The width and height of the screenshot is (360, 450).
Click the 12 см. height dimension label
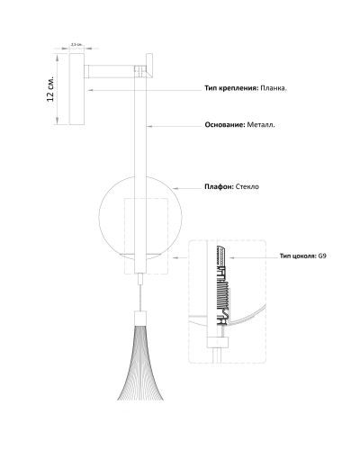click(x=50, y=88)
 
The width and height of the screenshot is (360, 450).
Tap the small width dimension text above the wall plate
click(x=76, y=44)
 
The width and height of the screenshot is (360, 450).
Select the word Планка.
click(x=274, y=88)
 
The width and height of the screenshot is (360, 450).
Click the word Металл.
click(x=261, y=125)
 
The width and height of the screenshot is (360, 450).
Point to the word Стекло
click(x=247, y=186)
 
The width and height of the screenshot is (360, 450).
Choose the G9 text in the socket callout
click(x=322, y=256)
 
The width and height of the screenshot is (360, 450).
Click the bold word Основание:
click(x=225, y=125)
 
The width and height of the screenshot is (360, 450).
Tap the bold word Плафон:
click(x=219, y=186)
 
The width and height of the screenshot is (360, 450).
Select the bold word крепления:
click(x=238, y=88)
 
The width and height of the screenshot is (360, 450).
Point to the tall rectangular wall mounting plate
click(x=76, y=89)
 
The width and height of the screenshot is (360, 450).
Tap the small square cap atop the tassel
click(x=140, y=317)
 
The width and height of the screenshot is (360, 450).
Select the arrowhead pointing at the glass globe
click(x=175, y=188)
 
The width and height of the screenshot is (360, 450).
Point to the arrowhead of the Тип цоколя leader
click(x=230, y=257)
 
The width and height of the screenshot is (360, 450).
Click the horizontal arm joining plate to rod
click(x=109, y=71)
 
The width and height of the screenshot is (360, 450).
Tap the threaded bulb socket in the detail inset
click(x=221, y=285)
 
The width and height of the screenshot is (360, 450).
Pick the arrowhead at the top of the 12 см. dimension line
click(x=57, y=57)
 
